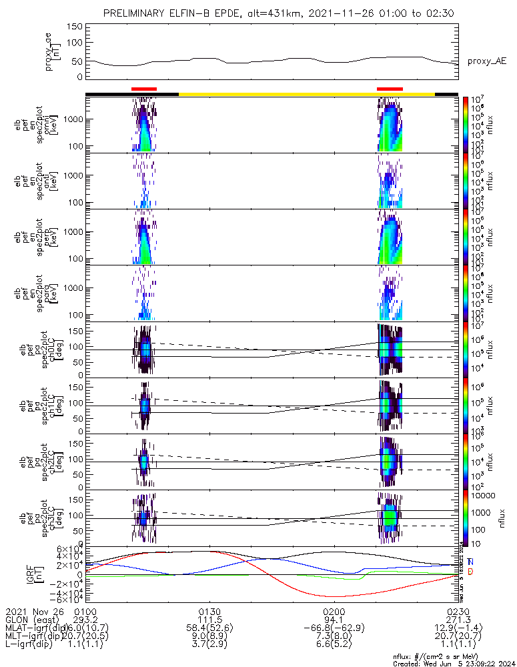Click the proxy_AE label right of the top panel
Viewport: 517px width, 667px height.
click(x=486, y=61)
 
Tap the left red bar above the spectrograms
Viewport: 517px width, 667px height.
click(x=144, y=88)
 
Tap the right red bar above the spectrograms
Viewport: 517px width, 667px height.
click(x=390, y=88)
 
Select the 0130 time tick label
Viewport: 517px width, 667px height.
click(x=210, y=611)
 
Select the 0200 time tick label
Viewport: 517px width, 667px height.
click(x=334, y=611)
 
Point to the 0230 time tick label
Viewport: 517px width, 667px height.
click(x=458, y=611)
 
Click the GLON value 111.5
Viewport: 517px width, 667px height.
click(x=210, y=620)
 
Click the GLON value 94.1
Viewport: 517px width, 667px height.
click(x=334, y=620)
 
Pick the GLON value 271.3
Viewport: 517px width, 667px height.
click(x=458, y=620)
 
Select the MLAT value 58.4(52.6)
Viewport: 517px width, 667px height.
click(x=210, y=628)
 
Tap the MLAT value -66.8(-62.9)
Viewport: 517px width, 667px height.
click(x=334, y=628)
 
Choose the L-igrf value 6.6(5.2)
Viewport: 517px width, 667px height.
click(x=334, y=646)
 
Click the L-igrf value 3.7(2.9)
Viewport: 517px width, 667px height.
click(x=210, y=646)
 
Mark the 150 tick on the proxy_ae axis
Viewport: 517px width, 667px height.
click(x=75, y=27)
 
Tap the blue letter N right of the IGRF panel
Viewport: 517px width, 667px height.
click(x=470, y=562)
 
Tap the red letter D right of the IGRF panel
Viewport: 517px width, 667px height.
click(x=470, y=572)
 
